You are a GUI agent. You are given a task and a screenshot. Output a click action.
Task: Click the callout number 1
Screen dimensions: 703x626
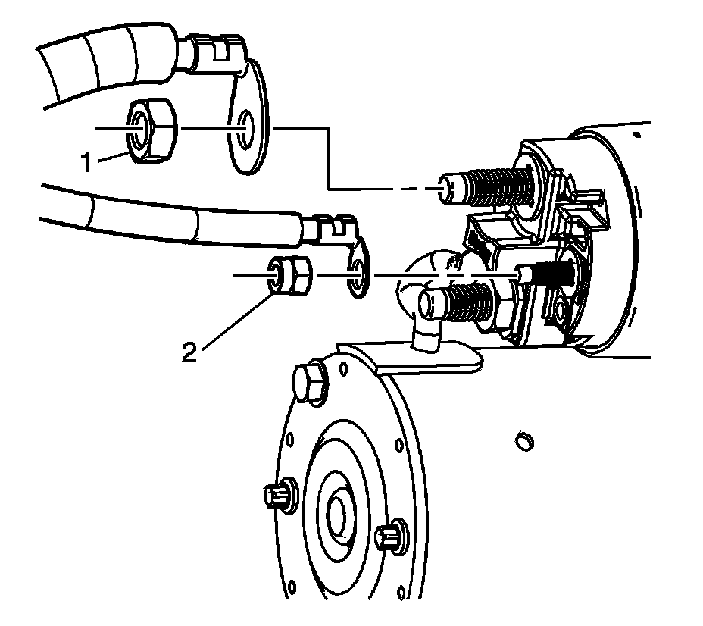pyautogui.click(x=86, y=161)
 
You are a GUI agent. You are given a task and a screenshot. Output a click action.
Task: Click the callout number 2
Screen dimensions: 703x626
pyautogui.click(x=190, y=351)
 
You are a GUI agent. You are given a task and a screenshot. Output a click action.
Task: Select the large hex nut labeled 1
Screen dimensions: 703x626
pyautogui.click(x=152, y=131)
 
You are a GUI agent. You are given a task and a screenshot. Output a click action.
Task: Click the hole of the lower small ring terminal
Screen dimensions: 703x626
pyautogui.click(x=355, y=276)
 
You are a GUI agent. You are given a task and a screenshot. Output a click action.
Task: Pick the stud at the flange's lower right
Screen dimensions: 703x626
pyautogui.click(x=389, y=537)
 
